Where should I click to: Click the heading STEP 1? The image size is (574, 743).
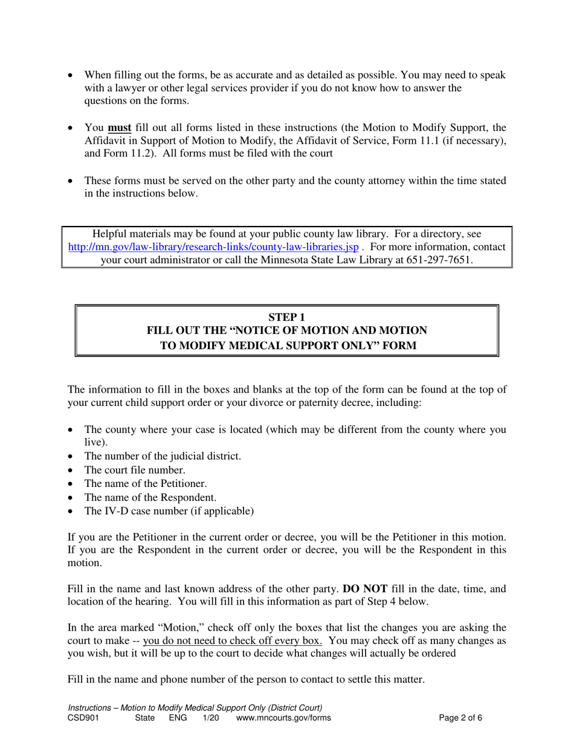(286, 317)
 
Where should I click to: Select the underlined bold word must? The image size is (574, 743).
(119, 127)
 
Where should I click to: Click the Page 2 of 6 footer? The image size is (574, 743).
(460, 718)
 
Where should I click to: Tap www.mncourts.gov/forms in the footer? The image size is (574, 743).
(283, 718)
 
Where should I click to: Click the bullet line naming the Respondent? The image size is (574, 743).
(150, 498)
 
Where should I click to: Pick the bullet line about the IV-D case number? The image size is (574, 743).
(169, 512)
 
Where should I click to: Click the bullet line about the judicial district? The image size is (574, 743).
(163, 456)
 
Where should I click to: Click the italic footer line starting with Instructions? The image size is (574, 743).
(195, 707)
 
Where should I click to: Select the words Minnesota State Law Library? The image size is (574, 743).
(331, 260)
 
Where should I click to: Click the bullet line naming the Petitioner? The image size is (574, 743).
(146, 484)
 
